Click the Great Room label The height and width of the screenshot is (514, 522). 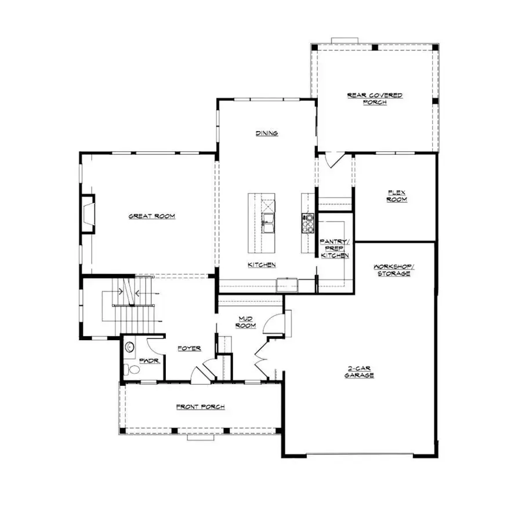[x=151, y=216]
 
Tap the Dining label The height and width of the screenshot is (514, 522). [x=267, y=133]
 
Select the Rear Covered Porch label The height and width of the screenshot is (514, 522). [x=374, y=99]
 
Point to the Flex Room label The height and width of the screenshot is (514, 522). [x=397, y=196]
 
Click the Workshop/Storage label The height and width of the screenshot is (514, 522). [x=393, y=269]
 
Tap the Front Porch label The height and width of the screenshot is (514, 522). [x=200, y=407]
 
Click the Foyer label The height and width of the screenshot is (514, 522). [x=188, y=348]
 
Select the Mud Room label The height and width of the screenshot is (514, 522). [x=245, y=322]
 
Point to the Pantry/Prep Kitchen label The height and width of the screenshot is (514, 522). [x=335, y=248]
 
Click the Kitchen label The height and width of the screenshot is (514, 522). [x=262, y=265]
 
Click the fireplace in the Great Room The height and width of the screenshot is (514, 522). [x=87, y=214]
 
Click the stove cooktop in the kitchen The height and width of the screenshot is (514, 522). [x=308, y=221]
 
